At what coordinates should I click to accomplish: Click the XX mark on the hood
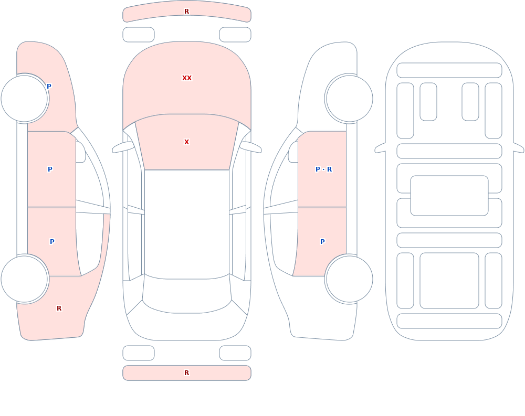[187, 78]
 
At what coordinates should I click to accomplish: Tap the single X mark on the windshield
[187, 142]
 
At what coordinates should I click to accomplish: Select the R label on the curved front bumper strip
[187, 12]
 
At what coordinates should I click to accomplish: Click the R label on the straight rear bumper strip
[187, 373]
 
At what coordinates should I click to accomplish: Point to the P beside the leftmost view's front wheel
[49, 87]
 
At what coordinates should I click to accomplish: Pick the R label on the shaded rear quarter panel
[59, 308]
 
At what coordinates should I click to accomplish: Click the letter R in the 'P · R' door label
[330, 169]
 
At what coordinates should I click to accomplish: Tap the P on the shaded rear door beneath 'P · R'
[322, 242]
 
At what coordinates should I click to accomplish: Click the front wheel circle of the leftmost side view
[25, 99]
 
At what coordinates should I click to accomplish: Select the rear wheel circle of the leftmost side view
[25, 279]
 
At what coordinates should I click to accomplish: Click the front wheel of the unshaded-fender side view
[349, 99]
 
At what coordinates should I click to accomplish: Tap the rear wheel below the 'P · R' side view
[349, 279]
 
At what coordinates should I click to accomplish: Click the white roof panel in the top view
[187, 223]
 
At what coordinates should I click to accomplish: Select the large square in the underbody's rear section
[449, 281]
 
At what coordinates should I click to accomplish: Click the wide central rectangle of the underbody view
[449, 196]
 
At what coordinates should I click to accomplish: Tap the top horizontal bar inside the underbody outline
[449, 70]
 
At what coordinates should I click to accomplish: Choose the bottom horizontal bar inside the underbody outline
[449, 321]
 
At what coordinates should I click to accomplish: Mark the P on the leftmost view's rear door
[52, 242]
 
